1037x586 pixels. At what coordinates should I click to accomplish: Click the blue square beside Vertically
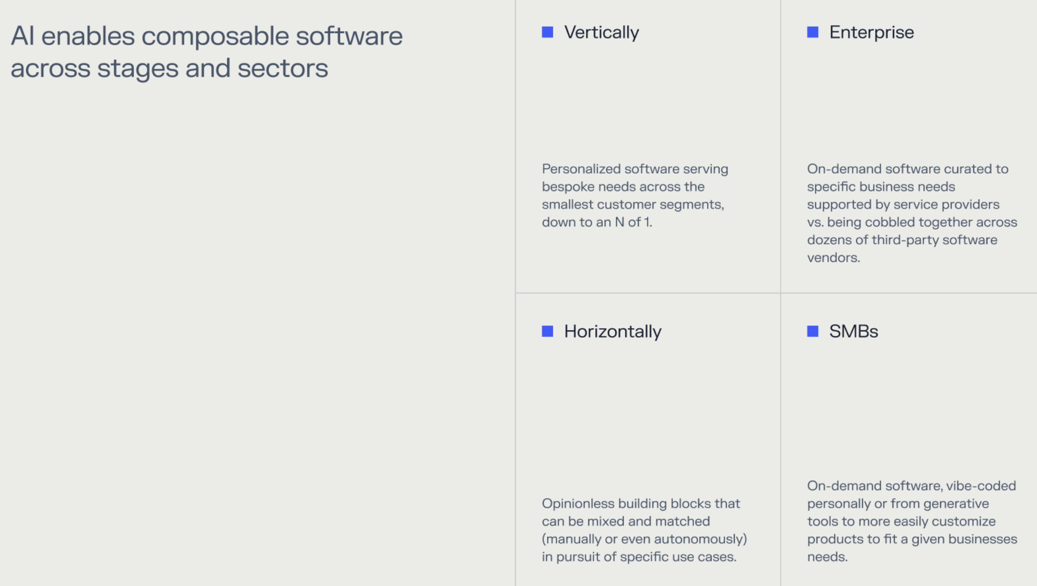(x=547, y=32)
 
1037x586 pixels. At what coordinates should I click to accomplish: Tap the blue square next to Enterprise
(x=812, y=32)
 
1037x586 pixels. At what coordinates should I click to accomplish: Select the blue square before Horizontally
(x=547, y=331)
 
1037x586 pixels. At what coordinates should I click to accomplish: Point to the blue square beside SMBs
(x=812, y=331)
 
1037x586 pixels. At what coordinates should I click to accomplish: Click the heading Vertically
(x=601, y=32)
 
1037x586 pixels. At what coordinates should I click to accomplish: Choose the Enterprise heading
(x=871, y=32)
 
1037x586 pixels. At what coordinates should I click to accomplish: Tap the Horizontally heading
(x=612, y=331)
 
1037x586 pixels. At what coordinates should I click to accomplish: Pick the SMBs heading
(x=853, y=331)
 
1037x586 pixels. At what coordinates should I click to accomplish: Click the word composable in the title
(x=215, y=36)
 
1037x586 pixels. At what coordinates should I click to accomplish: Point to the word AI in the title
(x=22, y=36)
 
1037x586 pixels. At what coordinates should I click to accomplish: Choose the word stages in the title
(x=138, y=68)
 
